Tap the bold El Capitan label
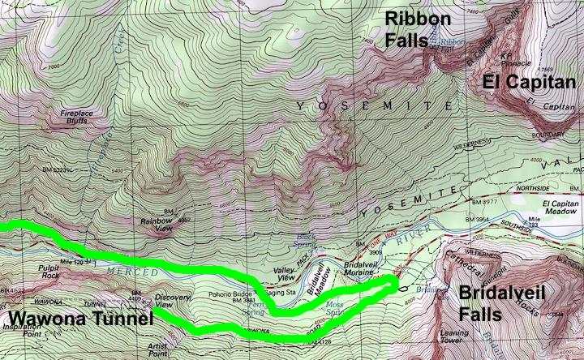(529, 82)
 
